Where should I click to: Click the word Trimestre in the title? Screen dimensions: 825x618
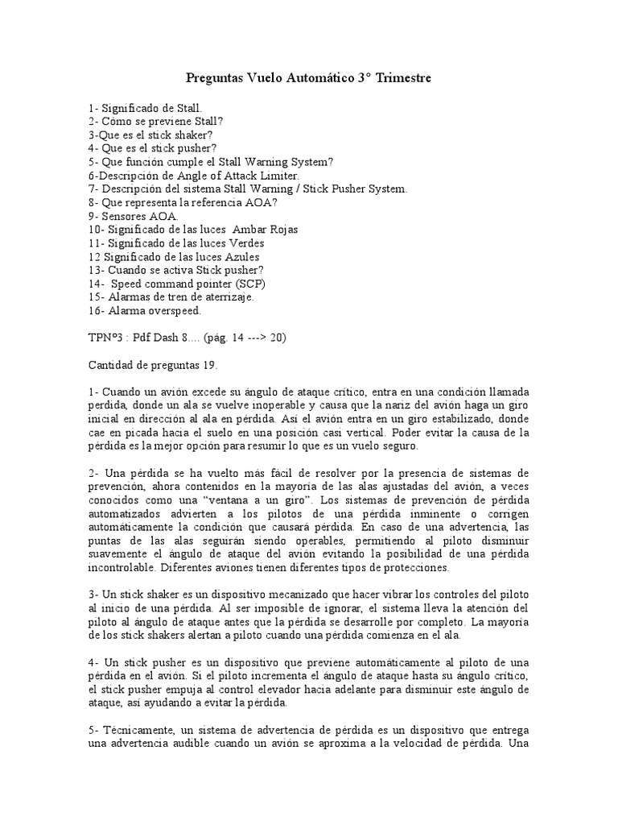click(402, 78)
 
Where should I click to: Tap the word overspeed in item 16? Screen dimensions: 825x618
click(173, 310)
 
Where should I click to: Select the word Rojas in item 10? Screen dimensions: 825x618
click(280, 229)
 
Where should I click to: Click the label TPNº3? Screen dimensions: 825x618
click(107, 338)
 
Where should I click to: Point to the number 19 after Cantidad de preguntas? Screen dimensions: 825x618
click(210, 364)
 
